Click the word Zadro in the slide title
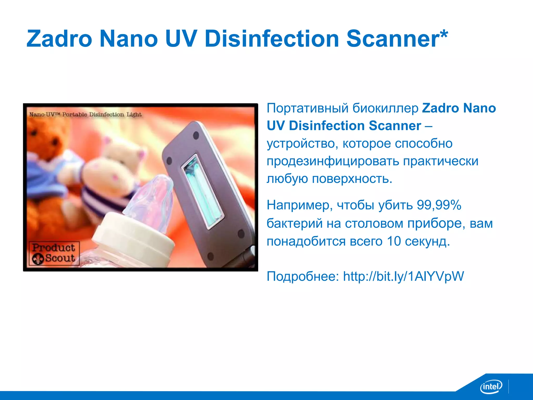[x=59, y=39]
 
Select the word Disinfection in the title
[x=272, y=39]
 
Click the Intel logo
[x=491, y=386]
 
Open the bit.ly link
[x=403, y=276]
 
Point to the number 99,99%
[x=439, y=205]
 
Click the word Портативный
[x=308, y=108]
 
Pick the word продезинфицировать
[x=333, y=161]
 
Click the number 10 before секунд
[x=394, y=241]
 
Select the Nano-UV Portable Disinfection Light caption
[x=85, y=115]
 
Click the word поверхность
[x=352, y=179]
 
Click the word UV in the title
[x=181, y=39]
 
